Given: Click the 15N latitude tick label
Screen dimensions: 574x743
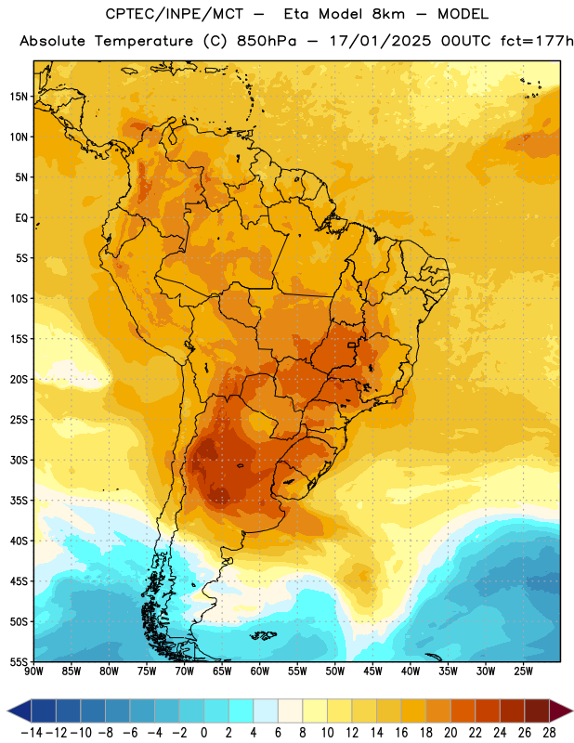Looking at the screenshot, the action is click(19, 97).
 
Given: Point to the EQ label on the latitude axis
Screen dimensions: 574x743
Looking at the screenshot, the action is click(21, 218).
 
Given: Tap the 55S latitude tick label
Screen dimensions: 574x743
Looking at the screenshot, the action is click(19, 662).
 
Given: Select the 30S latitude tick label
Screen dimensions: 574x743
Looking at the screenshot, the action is click(19, 460).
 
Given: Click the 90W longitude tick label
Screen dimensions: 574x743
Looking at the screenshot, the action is click(33, 671).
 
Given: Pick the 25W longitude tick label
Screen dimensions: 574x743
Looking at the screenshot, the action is click(523, 671).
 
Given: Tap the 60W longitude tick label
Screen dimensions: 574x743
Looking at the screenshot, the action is click(260, 671).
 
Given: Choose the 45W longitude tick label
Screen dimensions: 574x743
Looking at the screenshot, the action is click(372, 671).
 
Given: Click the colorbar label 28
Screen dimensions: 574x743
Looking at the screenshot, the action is click(549, 733).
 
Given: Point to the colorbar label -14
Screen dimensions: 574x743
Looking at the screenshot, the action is click(33, 733).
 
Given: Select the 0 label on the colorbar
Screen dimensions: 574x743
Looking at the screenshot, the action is click(203, 733).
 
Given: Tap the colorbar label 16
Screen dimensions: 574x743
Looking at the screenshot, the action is click(401, 733).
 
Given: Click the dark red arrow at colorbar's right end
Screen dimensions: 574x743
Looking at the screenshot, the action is click(561, 710).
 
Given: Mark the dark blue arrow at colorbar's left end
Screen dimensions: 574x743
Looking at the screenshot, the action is click(20, 710).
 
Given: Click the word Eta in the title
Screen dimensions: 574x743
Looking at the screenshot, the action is click(296, 14).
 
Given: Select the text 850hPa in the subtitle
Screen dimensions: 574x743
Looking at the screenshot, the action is click(267, 41).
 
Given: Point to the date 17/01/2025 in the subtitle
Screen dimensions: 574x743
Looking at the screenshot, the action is click(381, 41).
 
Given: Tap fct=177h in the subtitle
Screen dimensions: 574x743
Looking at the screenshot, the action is click(537, 41).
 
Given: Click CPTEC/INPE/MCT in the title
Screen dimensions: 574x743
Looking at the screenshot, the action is click(175, 14).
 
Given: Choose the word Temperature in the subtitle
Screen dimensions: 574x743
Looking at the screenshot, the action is click(144, 42).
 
